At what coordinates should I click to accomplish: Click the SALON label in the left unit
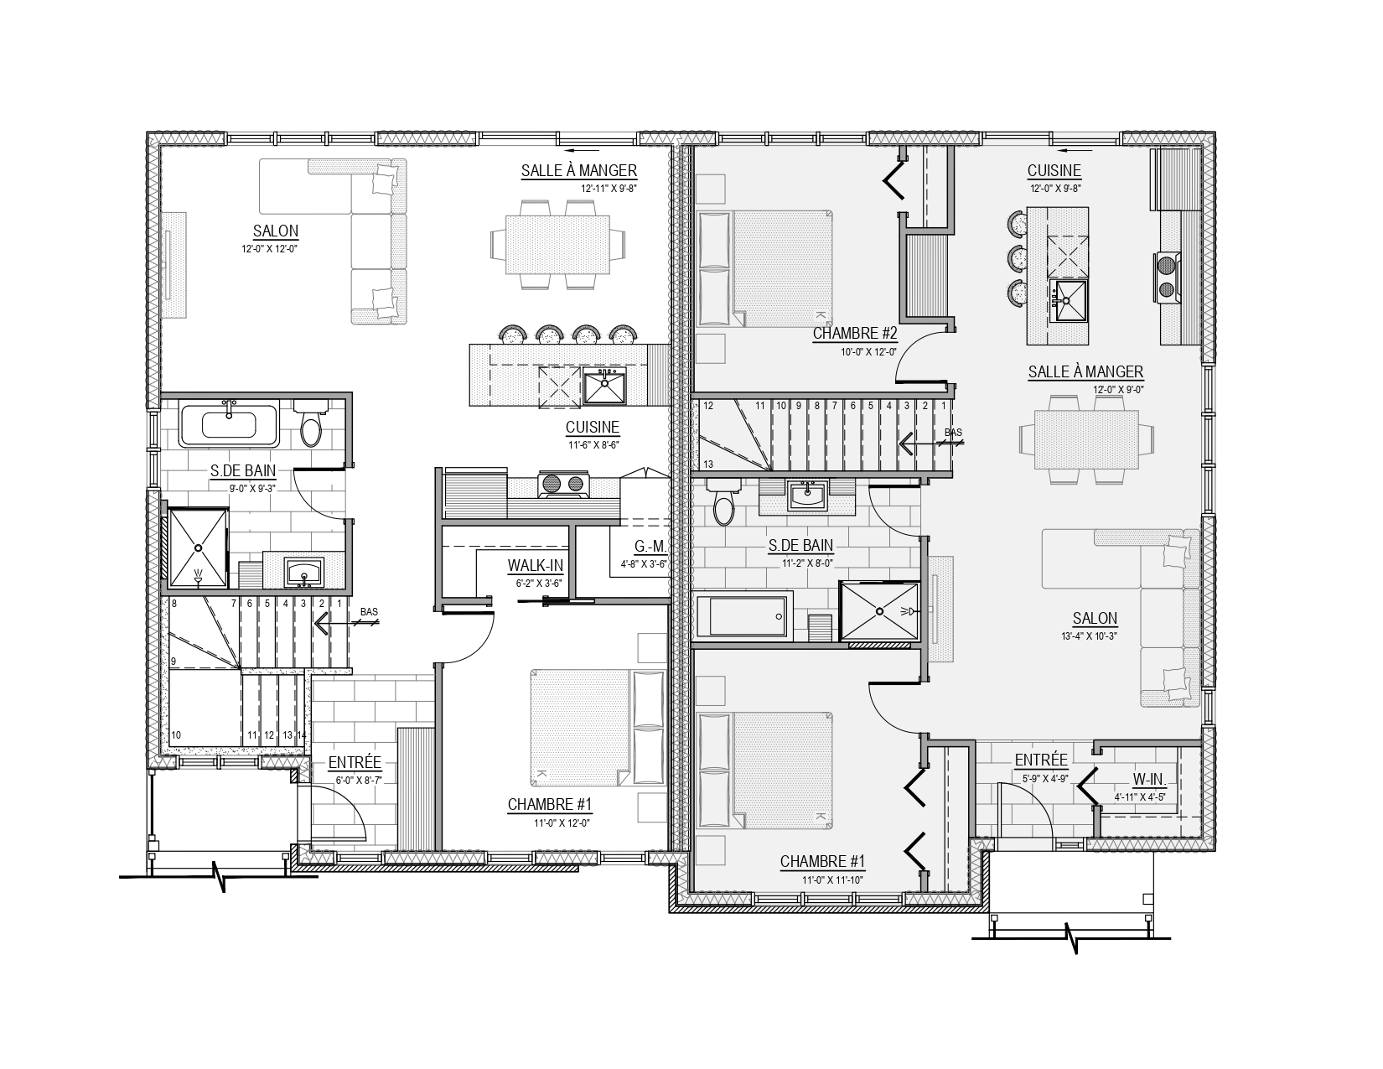tap(276, 231)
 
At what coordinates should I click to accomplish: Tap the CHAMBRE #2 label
tap(855, 333)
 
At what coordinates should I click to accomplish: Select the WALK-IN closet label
tap(536, 565)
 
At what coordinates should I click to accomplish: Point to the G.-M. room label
tap(650, 547)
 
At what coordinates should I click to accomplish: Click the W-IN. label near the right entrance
tap(1149, 779)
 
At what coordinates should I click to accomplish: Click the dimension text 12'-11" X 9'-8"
tap(609, 189)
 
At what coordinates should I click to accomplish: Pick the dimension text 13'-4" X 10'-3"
tap(1089, 636)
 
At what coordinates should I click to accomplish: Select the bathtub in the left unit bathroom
tap(229, 424)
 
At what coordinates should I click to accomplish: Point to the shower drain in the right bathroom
tap(879, 611)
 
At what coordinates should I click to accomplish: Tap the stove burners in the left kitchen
tap(564, 484)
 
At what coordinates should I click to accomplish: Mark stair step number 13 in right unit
tap(708, 464)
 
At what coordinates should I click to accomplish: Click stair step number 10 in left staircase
tap(176, 734)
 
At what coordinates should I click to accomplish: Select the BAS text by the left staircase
tap(369, 612)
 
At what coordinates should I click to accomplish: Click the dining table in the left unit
tap(557, 245)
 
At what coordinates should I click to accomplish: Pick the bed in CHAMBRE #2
tap(765, 269)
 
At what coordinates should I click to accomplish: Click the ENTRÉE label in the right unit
tap(1041, 760)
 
